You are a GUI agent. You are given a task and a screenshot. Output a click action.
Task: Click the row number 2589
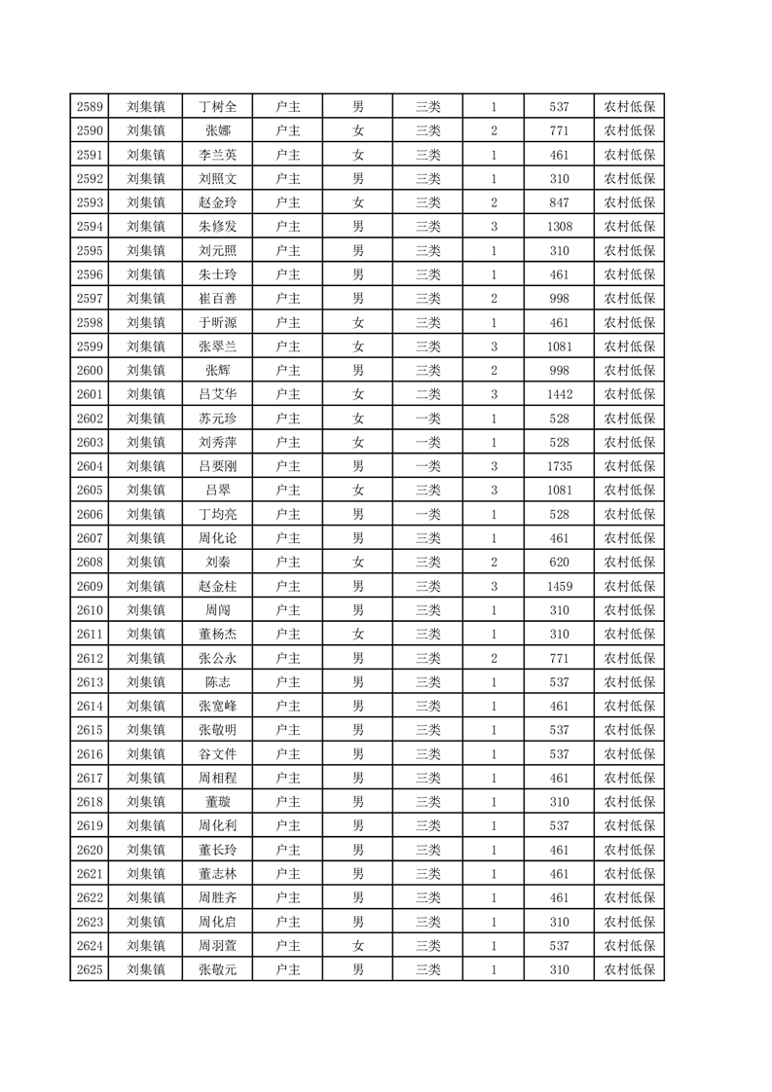coord(90,107)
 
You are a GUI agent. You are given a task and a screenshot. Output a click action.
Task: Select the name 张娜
coord(218,130)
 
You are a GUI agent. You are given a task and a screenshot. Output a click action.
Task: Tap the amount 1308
coord(560,227)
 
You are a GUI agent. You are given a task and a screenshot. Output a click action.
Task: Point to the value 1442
coord(560,394)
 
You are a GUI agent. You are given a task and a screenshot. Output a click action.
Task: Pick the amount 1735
coord(560,466)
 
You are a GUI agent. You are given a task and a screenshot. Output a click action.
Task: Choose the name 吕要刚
coord(218,466)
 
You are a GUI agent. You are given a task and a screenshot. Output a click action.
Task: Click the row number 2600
coord(90,371)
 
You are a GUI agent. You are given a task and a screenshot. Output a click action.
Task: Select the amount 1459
coord(560,586)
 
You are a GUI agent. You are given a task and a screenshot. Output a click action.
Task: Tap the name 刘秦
coord(218,563)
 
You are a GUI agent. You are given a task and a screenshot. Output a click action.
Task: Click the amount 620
coord(560,563)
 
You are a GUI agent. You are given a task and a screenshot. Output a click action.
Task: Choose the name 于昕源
coord(218,323)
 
